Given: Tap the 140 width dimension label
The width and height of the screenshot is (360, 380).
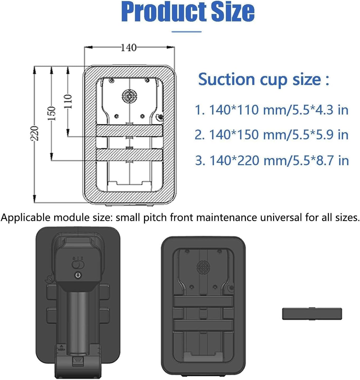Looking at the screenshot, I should [129, 48].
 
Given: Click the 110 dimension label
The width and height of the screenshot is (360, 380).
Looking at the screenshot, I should [68, 102].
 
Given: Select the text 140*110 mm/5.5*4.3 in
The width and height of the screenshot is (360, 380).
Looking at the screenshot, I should [272, 110].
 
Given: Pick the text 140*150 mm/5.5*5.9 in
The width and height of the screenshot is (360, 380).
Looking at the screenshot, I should [272, 135].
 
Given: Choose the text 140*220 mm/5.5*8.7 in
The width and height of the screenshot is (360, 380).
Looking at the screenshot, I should [272, 160].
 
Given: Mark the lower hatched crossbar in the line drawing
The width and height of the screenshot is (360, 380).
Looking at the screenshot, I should [129, 155].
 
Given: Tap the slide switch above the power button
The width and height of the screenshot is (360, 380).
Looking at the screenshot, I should [78, 264].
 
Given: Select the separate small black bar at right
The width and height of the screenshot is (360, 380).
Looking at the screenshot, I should [312, 314].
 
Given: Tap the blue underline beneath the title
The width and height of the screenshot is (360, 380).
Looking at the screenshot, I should [186, 32].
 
